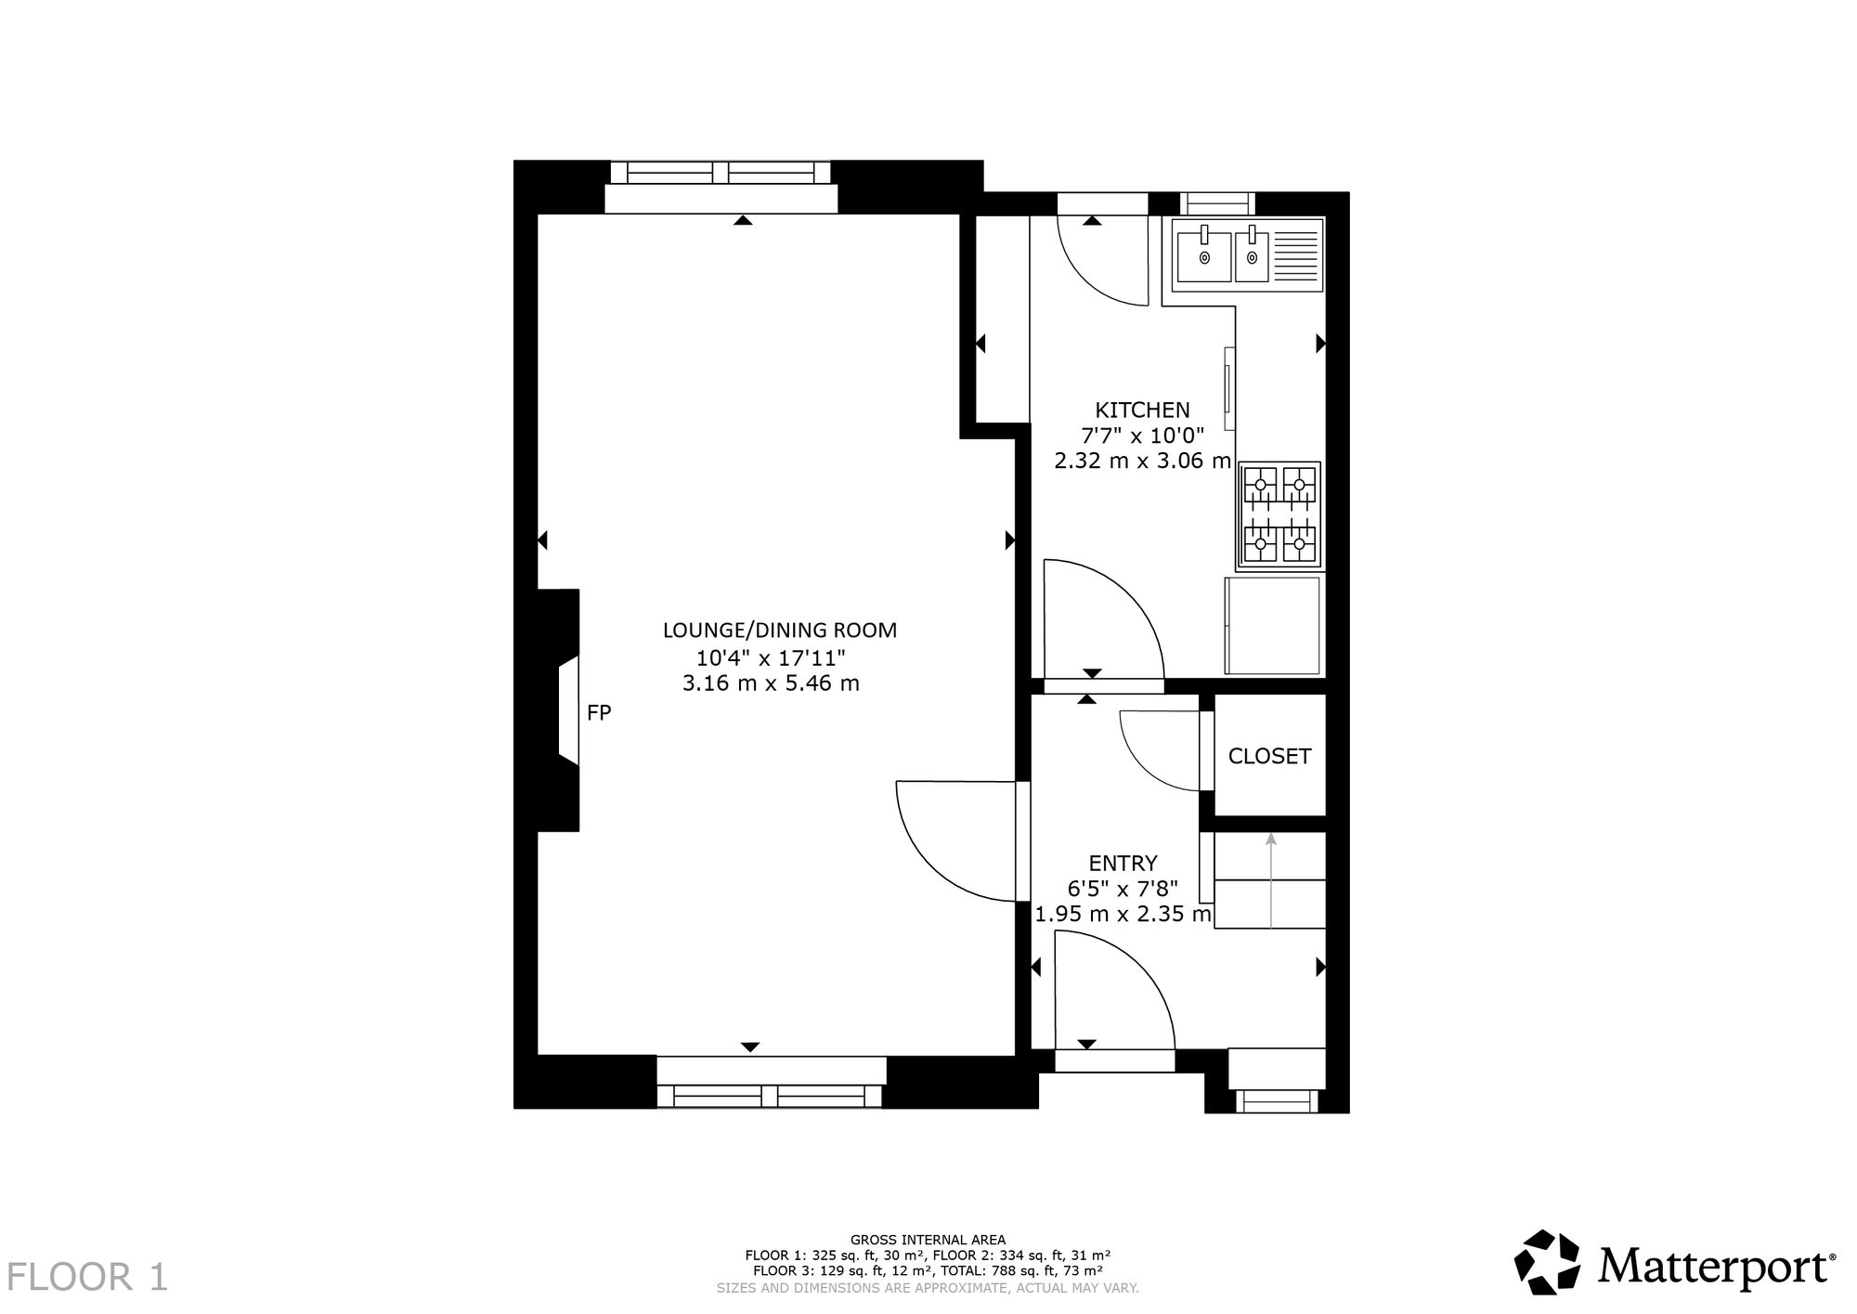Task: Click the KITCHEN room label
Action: click(x=1142, y=410)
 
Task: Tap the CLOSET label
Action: click(x=1269, y=756)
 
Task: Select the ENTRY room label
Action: click(x=1123, y=864)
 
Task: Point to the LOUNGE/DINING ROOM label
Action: click(x=780, y=631)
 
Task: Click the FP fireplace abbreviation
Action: click(x=599, y=713)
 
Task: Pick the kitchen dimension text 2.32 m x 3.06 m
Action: click(x=1142, y=461)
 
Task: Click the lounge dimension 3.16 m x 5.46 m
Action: click(x=771, y=683)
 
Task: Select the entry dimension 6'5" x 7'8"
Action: click(x=1123, y=889)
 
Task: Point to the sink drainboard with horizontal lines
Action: click(x=1294, y=257)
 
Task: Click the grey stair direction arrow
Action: click(x=1270, y=880)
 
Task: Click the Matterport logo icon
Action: click(x=1548, y=1262)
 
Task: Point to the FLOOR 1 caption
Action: click(x=89, y=1278)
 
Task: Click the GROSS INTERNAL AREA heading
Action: click(x=928, y=1240)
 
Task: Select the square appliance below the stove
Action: click(x=1273, y=625)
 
